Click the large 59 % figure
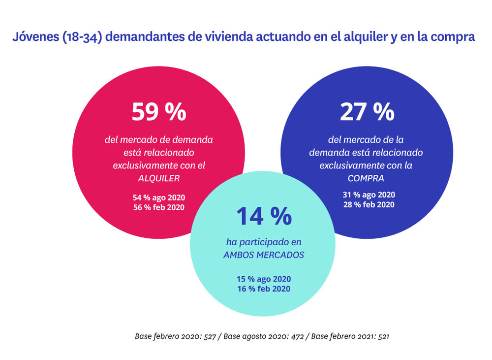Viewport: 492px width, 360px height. [x=158, y=112]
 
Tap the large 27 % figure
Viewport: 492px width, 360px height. [x=367, y=112]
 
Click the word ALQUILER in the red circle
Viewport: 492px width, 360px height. [x=159, y=178]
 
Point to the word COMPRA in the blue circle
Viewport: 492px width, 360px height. [x=366, y=178]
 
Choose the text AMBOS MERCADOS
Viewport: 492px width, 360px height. [x=264, y=255]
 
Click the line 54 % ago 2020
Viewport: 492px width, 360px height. [x=159, y=197]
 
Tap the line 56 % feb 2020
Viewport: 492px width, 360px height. [x=159, y=207]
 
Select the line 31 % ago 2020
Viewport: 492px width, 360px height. [x=369, y=195]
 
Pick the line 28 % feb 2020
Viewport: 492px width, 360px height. [x=369, y=204]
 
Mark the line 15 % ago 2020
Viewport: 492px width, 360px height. [x=264, y=279]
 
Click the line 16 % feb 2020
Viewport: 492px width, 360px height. [x=264, y=289]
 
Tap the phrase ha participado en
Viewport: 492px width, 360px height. [x=264, y=242]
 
